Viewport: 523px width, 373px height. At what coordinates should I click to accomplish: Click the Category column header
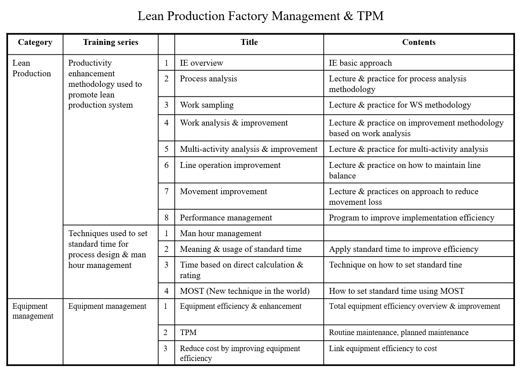(35, 42)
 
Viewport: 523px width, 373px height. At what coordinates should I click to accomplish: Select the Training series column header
(111, 42)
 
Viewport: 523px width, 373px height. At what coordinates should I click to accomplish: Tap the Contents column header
(419, 42)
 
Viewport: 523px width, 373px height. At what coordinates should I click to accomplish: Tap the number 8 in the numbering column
(166, 218)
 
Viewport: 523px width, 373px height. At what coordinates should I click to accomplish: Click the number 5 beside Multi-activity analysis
(166, 149)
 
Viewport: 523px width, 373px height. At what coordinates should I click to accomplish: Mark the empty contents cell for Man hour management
(419, 233)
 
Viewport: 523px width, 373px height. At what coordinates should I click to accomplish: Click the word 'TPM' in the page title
(370, 16)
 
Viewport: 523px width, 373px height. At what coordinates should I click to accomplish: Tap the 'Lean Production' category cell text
(31, 68)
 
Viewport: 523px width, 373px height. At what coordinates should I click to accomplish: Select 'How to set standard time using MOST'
(396, 291)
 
